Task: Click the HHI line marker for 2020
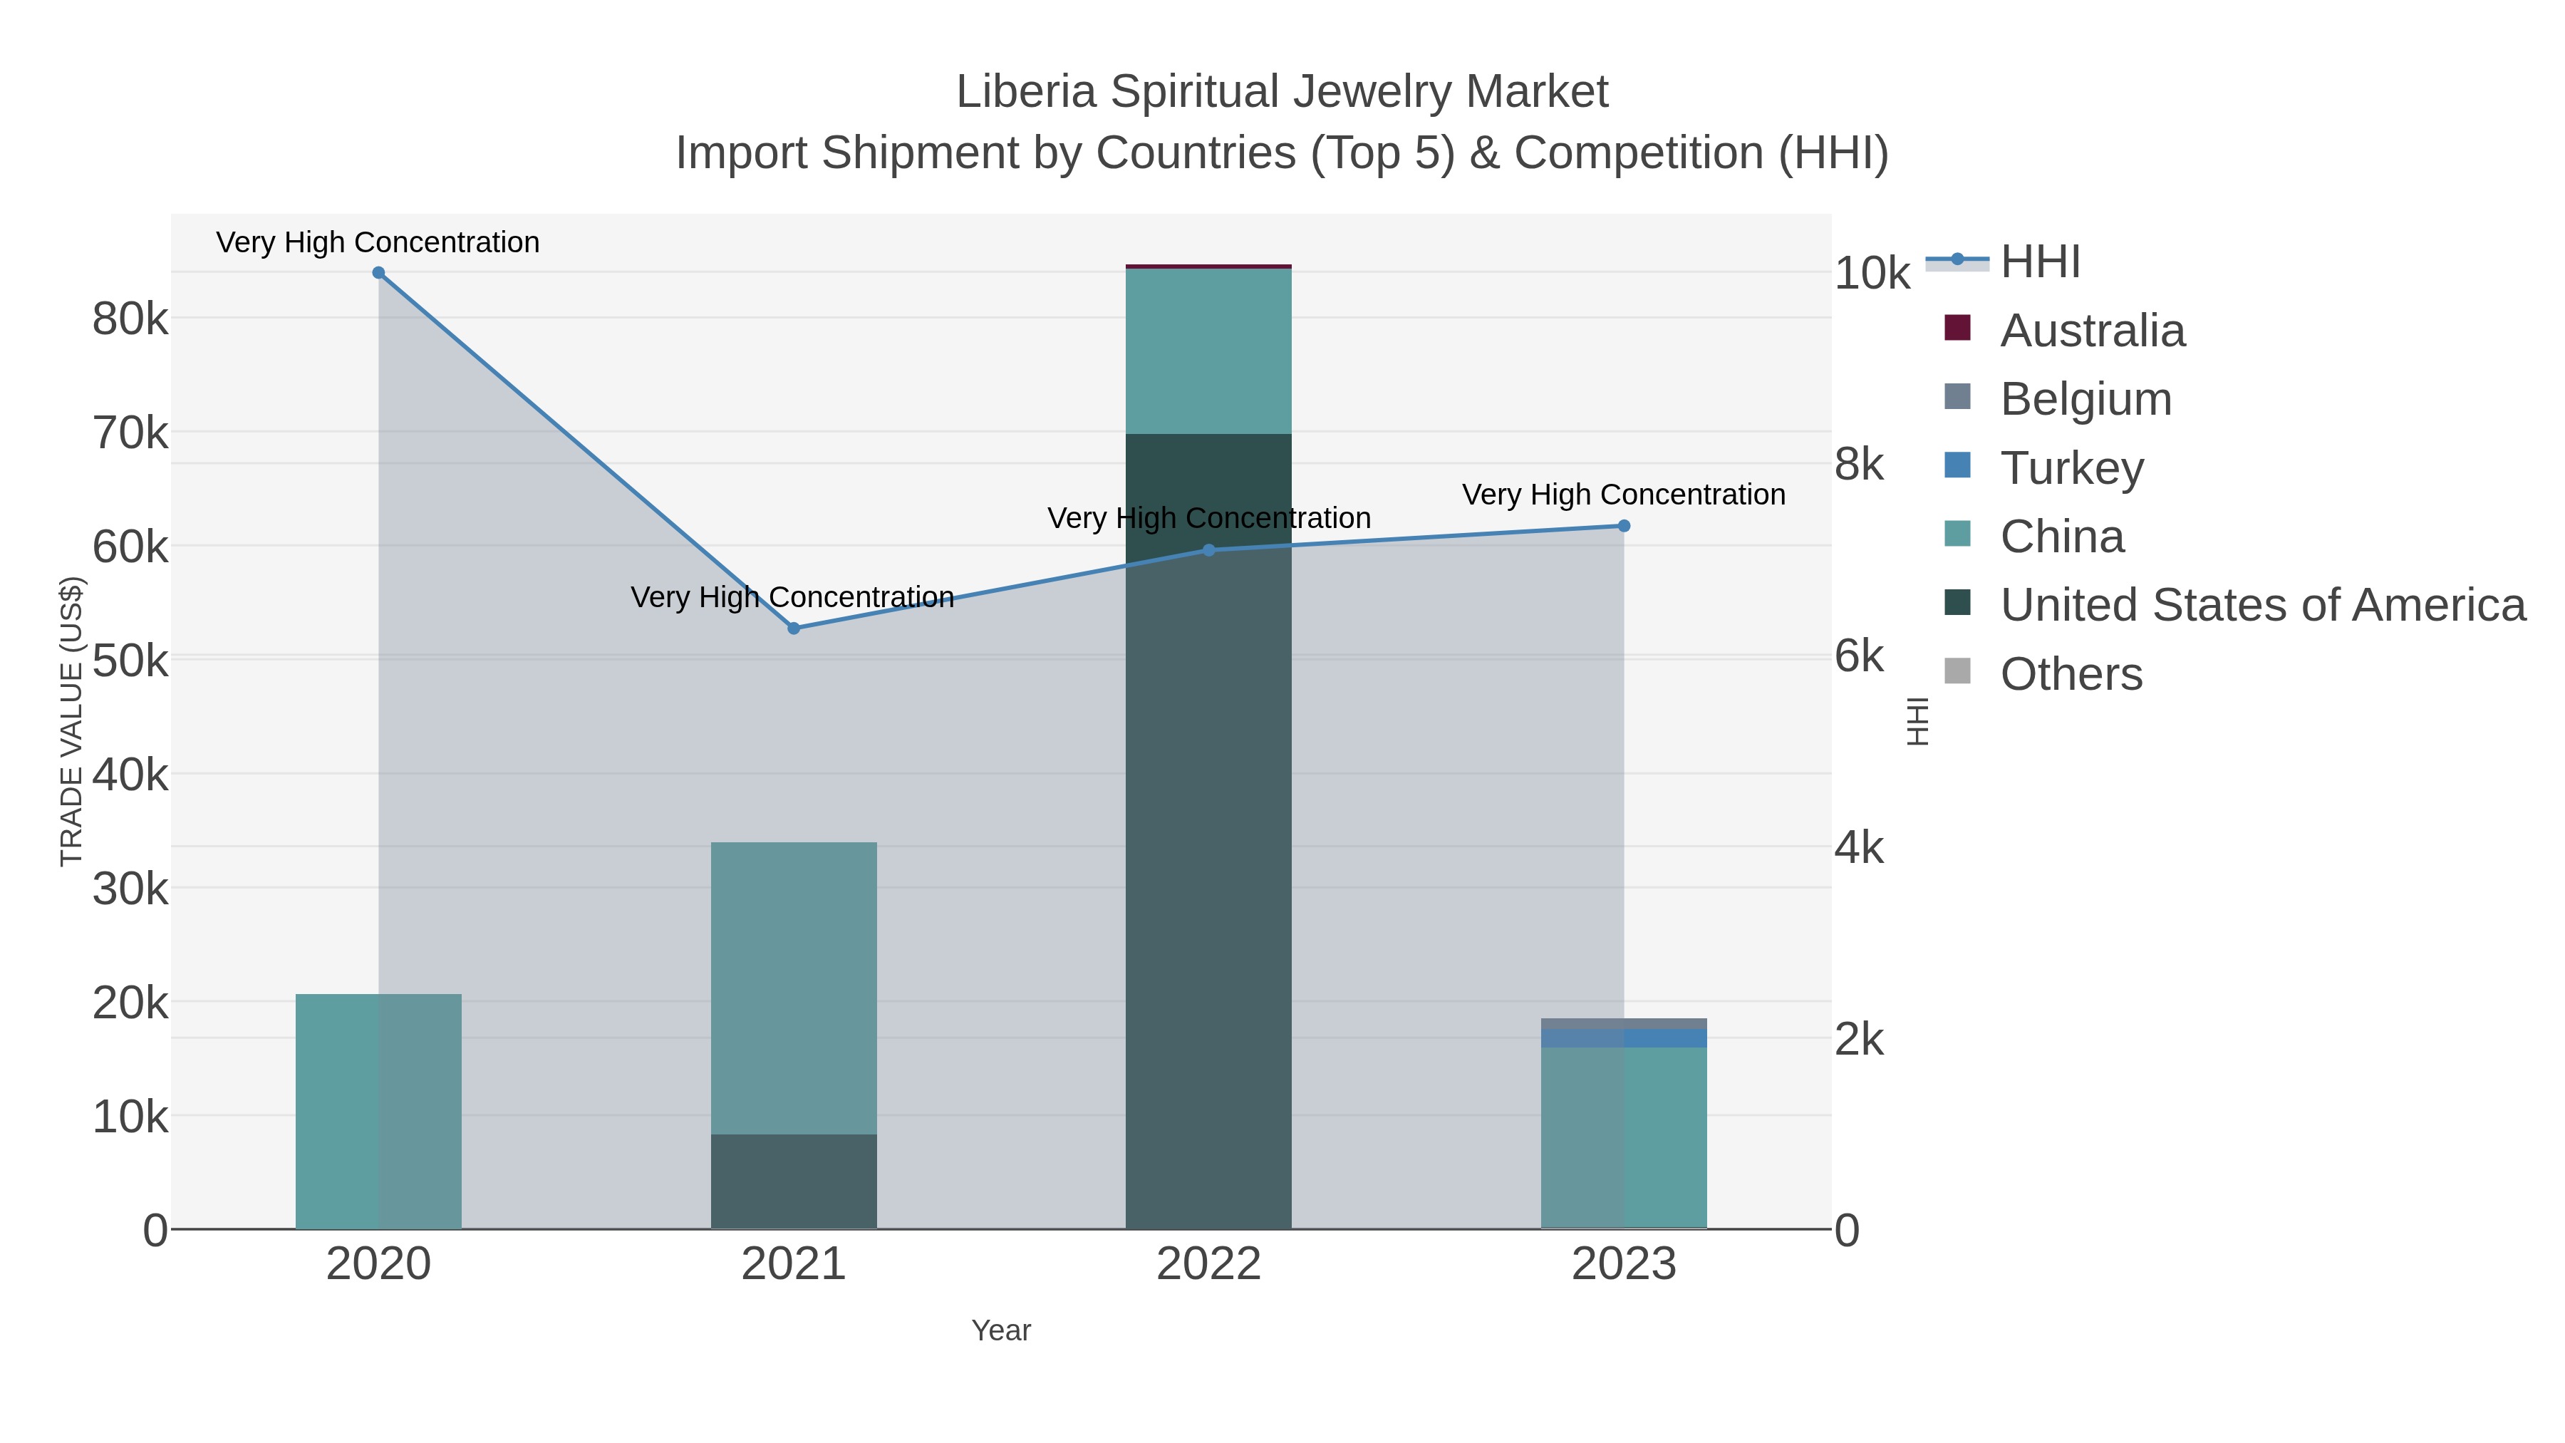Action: (x=378, y=273)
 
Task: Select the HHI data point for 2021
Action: (x=794, y=629)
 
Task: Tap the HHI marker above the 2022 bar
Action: (x=1209, y=549)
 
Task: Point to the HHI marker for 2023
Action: (x=1624, y=526)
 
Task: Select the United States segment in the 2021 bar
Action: (x=794, y=1181)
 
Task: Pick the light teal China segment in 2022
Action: (x=1209, y=351)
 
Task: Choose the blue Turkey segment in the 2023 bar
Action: (x=1624, y=1038)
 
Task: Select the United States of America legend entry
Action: (x=2261, y=606)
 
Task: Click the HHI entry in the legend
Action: (x=2039, y=262)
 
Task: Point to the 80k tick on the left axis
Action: (x=130, y=320)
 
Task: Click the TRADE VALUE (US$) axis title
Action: (x=72, y=721)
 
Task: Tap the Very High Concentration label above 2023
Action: (x=1623, y=495)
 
